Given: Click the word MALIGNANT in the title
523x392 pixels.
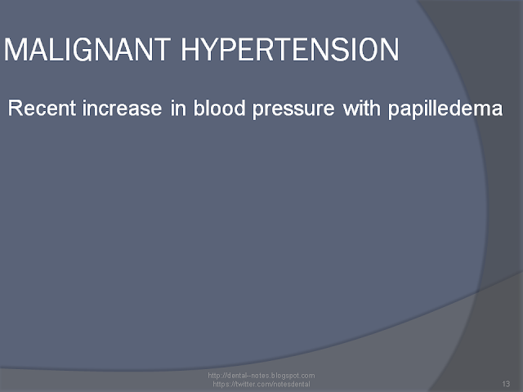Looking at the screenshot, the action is point(87,49).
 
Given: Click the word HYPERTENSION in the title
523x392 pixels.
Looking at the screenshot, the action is point(290,49).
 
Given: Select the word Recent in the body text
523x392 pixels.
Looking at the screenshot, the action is point(42,108).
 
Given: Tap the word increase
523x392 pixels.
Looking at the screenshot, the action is point(122,108).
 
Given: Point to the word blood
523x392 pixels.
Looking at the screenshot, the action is point(220,108).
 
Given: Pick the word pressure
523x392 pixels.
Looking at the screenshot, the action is point(293,109).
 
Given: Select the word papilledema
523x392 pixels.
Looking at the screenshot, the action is point(445,109).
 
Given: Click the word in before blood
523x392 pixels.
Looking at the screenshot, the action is point(178,108).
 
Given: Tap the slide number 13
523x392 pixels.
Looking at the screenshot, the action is point(506,384).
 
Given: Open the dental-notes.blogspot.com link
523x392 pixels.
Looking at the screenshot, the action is point(261,376).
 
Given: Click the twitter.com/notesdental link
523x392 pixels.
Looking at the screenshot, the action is point(261,384).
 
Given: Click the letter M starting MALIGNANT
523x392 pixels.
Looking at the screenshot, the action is point(15,49).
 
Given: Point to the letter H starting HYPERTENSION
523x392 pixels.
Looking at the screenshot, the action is point(190,49).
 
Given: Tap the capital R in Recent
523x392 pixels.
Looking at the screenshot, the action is point(15,108).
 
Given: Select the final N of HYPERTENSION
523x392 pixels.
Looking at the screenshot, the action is point(389,49).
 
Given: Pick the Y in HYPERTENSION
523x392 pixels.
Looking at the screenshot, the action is point(212,49).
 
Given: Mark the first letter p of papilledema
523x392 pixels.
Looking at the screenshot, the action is point(394,111).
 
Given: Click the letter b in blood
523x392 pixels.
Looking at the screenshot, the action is point(199,108).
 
